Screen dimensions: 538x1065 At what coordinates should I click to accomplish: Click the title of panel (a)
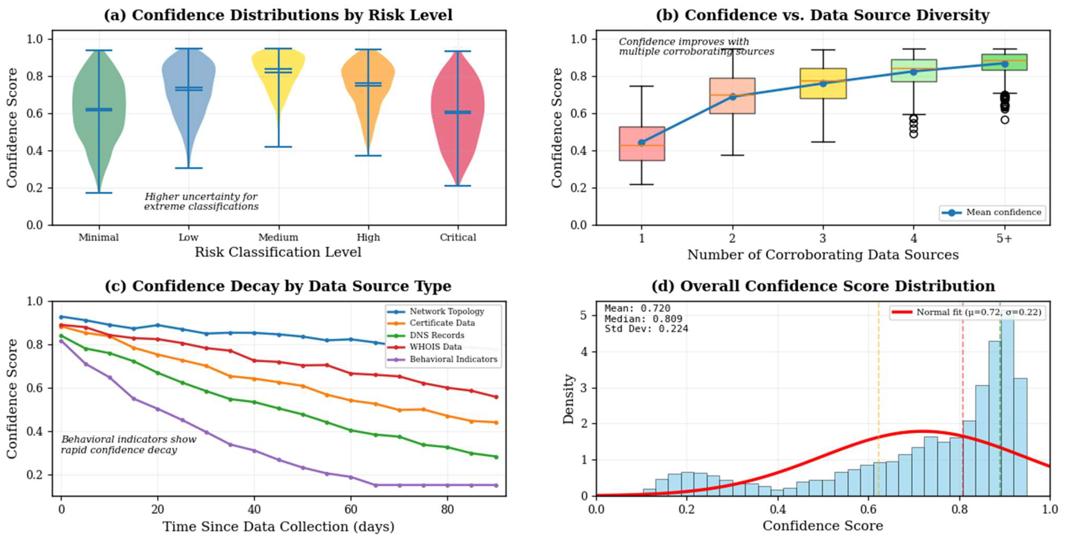coord(278,15)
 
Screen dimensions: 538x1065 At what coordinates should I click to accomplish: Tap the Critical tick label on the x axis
coord(458,237)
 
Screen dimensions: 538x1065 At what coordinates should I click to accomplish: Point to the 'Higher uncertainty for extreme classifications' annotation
coord(201,201)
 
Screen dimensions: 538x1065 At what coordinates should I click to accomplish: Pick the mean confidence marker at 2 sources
coord(732,97)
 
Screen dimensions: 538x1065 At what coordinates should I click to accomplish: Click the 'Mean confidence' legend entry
coord(992,212)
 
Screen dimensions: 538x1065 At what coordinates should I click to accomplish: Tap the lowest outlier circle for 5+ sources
coord(1005,120)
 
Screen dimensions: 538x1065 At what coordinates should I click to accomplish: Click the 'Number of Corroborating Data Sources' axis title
coord(823,255)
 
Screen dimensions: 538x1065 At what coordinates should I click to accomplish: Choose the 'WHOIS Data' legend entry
coord(435,347)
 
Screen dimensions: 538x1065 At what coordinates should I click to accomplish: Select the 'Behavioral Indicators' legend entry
coord(453,359)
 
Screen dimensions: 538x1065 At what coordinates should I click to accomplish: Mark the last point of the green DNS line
coord(496,457)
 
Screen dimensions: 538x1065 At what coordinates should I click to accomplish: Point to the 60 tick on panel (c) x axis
coord(350,509)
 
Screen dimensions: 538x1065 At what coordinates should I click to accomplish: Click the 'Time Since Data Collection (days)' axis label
coord(278,526)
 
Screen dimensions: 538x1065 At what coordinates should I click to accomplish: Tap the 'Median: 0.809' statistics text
coord(643,319)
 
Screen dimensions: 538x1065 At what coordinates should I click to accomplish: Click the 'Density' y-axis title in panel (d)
coord(569,399)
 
